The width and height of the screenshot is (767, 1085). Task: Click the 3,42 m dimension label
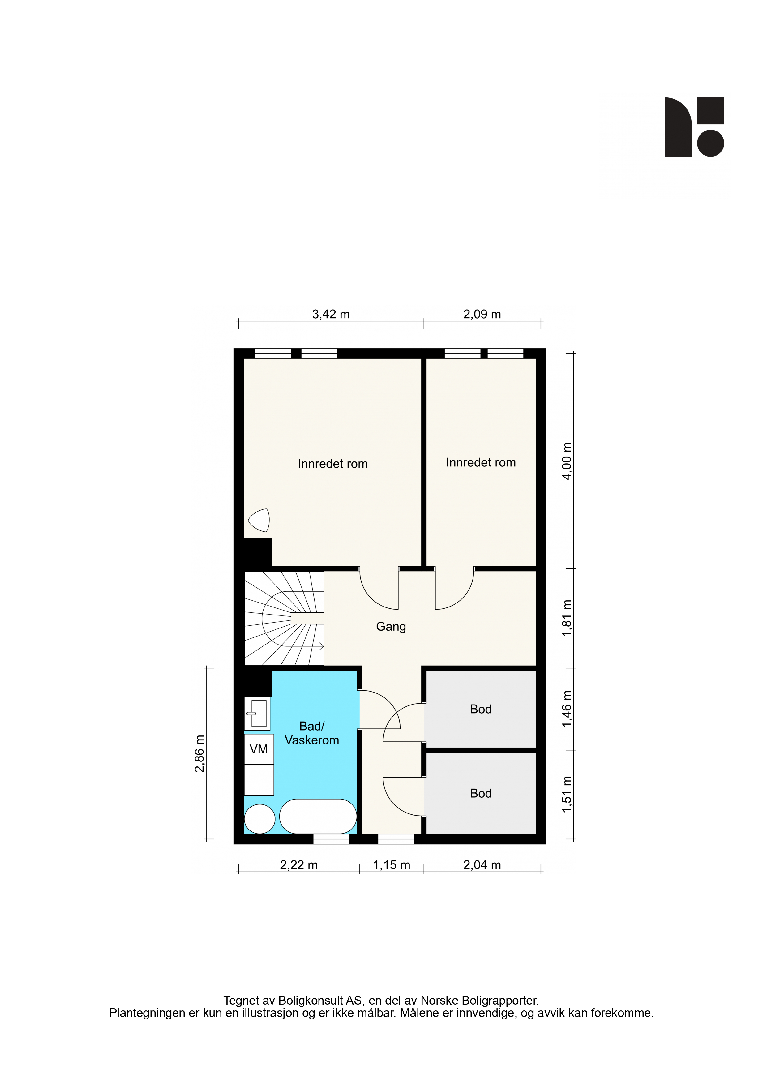click(331, 314)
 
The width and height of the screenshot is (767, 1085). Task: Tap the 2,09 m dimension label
click(482, 314)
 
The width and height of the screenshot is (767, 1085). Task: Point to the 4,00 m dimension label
click(567, 461)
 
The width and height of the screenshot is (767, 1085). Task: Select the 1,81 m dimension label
click(567, 618)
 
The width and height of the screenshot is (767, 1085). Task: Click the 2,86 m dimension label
click(199, 754)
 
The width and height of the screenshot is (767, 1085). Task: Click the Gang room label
click(391, 627)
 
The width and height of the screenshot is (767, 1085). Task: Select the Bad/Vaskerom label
click(312, 733)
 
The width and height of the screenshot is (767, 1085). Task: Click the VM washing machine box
click(259, 749)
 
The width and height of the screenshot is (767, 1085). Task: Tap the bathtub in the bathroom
click(318, 816)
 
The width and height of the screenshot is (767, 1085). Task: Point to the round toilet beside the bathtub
click(259, 819)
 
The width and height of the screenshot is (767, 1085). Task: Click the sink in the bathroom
click(257, 714)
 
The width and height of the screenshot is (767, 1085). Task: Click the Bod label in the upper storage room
click(481, 709)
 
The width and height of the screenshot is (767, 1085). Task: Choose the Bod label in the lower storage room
click(481, 793)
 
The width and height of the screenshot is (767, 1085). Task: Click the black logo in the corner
click(694, 127)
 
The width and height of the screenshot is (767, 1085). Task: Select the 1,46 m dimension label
click(567, 709)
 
